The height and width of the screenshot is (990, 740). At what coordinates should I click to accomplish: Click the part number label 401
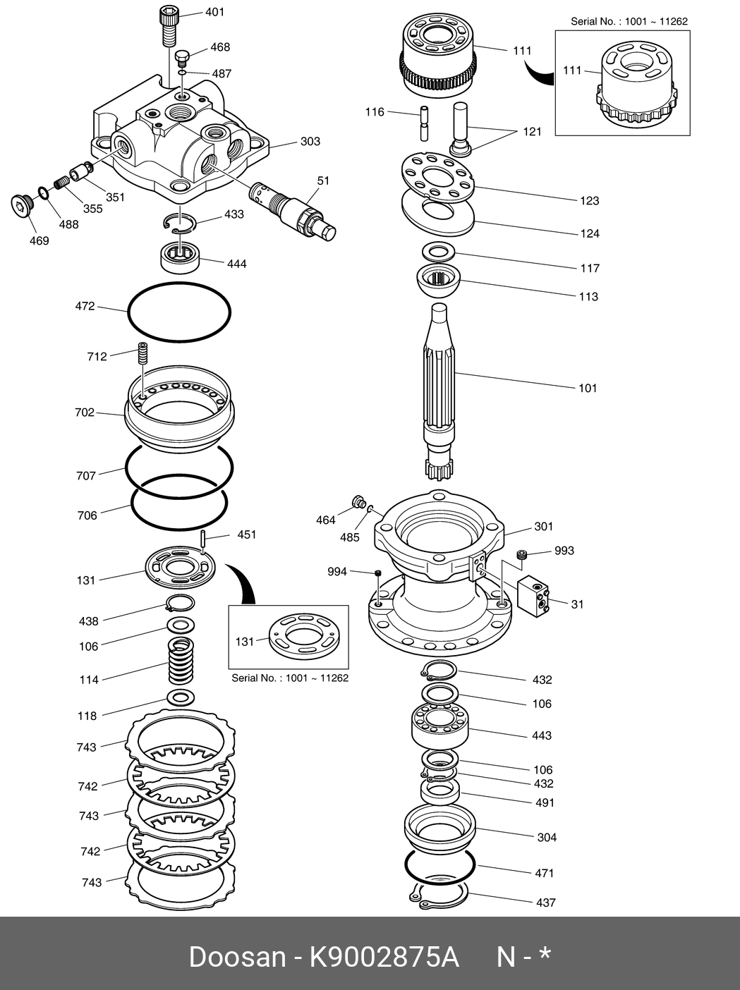click(x=214, y=12)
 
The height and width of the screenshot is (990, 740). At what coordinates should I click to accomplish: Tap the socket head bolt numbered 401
click(x=168, y=25)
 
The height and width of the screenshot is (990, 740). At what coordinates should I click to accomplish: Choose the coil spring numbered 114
click(x=181, y=661)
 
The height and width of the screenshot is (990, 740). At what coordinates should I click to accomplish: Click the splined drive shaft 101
click(x=441, y=381)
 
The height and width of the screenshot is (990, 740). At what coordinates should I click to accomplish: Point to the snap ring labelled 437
click(x=439, y=893)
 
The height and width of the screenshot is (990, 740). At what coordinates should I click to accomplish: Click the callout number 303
click(x=310, y=142)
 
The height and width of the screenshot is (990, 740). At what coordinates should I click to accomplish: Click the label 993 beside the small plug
click(x=564, y=551)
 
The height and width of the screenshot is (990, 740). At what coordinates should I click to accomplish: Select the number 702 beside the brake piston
click(x=85, y=412)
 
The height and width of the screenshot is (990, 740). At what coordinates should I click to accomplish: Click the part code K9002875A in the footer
click(x=385, y=957)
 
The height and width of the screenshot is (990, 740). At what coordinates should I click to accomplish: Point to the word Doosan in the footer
click(x=236, y=957)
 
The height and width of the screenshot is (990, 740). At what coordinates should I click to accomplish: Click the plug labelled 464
click(x=358, y=502)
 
